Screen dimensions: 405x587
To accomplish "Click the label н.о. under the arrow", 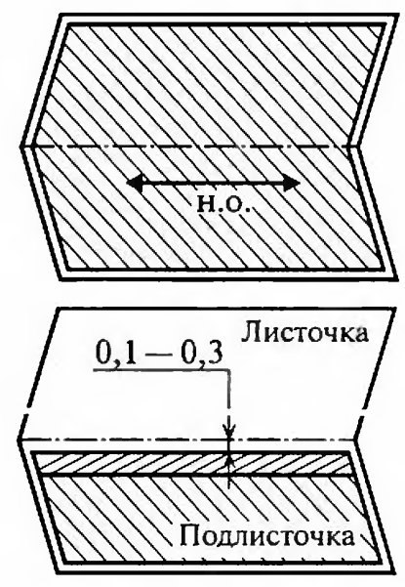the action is pyautogui.click(x=223, y=204).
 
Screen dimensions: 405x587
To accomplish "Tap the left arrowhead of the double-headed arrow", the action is pyautogui.click(x=135, y=184).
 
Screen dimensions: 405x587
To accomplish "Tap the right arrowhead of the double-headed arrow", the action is pyautogui.click(x=293, y=184).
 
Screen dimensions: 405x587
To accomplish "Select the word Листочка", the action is pyautogui.click(x=304, y=333).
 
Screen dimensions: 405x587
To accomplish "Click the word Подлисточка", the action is pyautogui.click(x=266, y=535).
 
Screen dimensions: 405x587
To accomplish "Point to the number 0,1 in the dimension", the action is pyautogui.click(x=112, y=354).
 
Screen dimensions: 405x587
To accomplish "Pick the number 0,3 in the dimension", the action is pyautogui.click(x=202, y=354).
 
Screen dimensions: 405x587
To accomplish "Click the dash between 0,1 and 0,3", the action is pyautogui.click(x=155, y=355).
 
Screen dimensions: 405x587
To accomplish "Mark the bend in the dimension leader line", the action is pyautogui.click(x=229, y=370).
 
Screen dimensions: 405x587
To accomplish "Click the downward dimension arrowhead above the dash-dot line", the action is pyautogui.click(x=229, y=432).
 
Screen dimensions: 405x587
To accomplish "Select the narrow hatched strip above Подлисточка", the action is pyautogui.click(x=190, y=464).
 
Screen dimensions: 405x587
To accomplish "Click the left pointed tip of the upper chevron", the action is pyautogui.click(x=20, y=146).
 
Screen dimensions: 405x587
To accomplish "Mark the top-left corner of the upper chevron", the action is pyautogui.click(x=61, y=15).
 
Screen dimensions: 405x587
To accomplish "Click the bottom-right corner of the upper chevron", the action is pyautogui.click(x=395, y=278).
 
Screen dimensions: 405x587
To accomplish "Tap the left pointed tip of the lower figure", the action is pyautogui.click(x=19, y=439).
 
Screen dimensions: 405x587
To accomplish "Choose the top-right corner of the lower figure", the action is pyautogui.click(x=395, y=308).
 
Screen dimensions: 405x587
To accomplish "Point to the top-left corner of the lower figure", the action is pyautogui.click(x=58, y=308).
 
